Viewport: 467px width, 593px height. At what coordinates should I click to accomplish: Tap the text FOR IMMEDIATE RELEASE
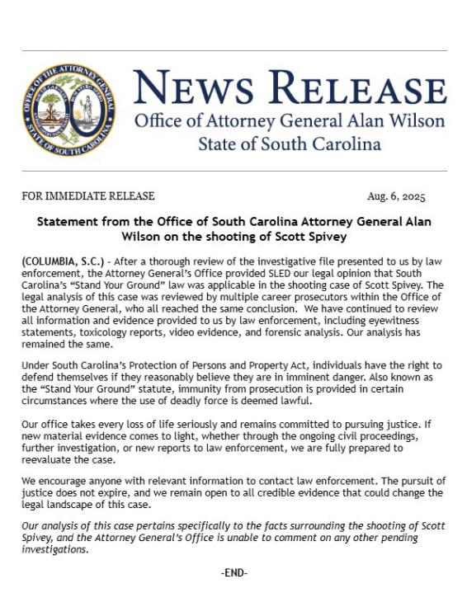click(88, 196)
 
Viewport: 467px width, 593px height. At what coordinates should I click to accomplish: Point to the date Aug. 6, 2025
click(396, 196)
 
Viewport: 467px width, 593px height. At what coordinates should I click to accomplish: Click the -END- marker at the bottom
click(234, 572)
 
